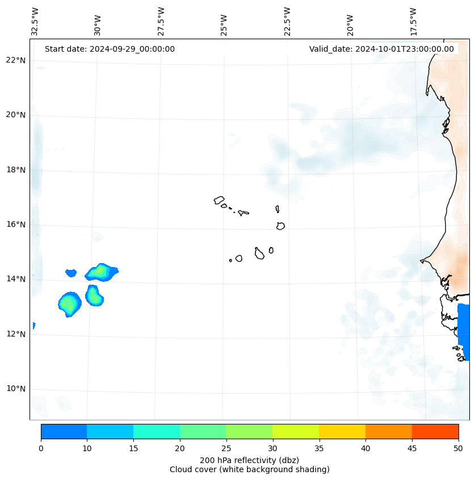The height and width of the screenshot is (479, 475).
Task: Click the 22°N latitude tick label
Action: click(x=16, y=60)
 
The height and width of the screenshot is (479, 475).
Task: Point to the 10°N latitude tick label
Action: click(x=16, y=389)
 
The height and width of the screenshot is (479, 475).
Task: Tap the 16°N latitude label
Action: click(x=16, y=224)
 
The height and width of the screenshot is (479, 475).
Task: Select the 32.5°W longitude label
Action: click(x=35, y=22)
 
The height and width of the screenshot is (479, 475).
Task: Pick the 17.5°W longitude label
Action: click(x=413, y=22)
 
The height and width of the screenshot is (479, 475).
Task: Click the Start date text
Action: click(x=110, y=49)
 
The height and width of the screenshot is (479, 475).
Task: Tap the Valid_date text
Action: click(x=381, y=49)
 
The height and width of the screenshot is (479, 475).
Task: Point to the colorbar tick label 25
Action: click(x=226, y=448)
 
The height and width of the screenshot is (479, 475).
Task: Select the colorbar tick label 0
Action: click(x=41, y=448)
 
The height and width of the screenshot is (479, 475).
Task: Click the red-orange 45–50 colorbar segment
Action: click(x=435, y=431)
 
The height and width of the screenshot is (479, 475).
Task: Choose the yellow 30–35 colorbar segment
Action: click(x=296, y=431)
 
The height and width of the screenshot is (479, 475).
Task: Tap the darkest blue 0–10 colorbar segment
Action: click(x=64, y=431)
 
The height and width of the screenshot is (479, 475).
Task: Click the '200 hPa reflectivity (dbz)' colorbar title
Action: click(x=249, y=460)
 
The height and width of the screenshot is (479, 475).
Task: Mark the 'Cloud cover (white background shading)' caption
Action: click(x=249, y=469)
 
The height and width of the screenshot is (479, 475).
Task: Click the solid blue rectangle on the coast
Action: click(x=464, y=332)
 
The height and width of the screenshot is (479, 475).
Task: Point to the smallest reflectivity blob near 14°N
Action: click(x=71, y=273)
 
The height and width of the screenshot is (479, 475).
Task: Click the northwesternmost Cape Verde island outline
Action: click(x=219, y=200)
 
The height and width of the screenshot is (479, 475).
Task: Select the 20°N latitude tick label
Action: click(x=16, y=115)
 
